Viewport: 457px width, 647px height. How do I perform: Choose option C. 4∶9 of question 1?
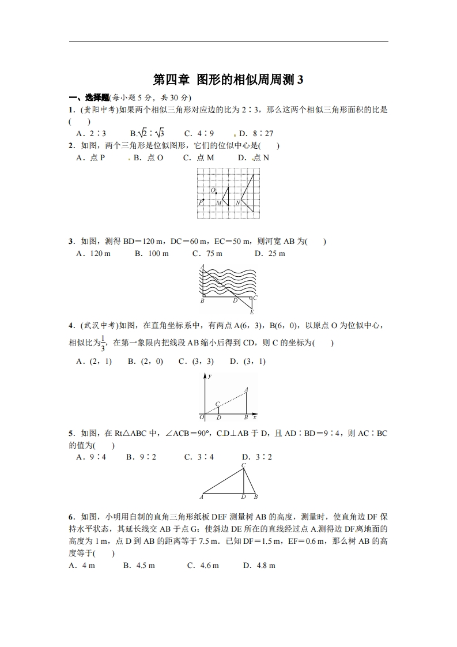(x=199, y=133)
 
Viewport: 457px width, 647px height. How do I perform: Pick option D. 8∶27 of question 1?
(x=256, y=133)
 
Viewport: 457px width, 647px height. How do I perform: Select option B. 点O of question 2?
(x=148, y=157)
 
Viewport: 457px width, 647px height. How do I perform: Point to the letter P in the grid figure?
(x=201, y=202)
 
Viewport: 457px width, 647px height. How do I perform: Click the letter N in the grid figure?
(x=237, y=202)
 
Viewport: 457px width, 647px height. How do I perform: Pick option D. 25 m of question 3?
(x=270, y=253)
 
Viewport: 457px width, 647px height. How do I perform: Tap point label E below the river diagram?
(x=252, y=312)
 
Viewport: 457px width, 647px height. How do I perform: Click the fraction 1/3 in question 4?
(x=103, y=343)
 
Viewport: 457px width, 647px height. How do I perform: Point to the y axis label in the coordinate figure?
(x=209, y=376)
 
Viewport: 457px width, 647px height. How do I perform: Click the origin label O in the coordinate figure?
(x=202, y=417)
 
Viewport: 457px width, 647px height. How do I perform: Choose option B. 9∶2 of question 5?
(x=141, y=457)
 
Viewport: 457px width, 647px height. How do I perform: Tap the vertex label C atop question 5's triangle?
(x=243, y=465)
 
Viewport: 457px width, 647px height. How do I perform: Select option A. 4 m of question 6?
(x=81, y=566)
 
